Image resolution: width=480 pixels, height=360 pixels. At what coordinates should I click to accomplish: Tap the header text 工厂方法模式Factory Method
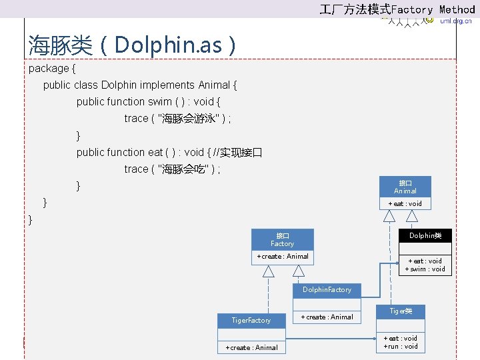click(x=397, y=9)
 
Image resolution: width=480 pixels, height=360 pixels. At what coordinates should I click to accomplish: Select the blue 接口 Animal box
click(x=405, y=187)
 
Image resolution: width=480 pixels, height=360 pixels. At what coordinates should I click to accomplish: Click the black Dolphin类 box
click(x=425, y=235)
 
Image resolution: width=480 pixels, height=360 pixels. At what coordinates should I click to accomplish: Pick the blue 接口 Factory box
click(x=282, y=239)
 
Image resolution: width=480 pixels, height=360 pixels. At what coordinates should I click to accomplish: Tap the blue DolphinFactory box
click(x=327, y=290)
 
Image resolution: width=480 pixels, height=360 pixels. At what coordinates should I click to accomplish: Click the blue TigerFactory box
click(x=251, y=321)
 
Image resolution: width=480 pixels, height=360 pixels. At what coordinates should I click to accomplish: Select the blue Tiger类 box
click(x=401, y=311)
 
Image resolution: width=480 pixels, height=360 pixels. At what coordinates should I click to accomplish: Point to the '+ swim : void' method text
click(x=425, y=269)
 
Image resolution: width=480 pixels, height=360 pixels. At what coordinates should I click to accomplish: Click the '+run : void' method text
click(x=401, y=347)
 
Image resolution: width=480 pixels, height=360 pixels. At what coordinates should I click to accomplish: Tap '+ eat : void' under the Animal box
click(x=405, y=203)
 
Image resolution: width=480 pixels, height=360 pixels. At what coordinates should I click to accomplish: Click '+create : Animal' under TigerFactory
click(x=251, y=347)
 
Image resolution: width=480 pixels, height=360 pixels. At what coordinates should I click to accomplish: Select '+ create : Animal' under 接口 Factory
click(x=283, y=257)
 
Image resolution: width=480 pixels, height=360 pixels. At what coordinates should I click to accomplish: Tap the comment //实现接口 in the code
click(x=237, y=152)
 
